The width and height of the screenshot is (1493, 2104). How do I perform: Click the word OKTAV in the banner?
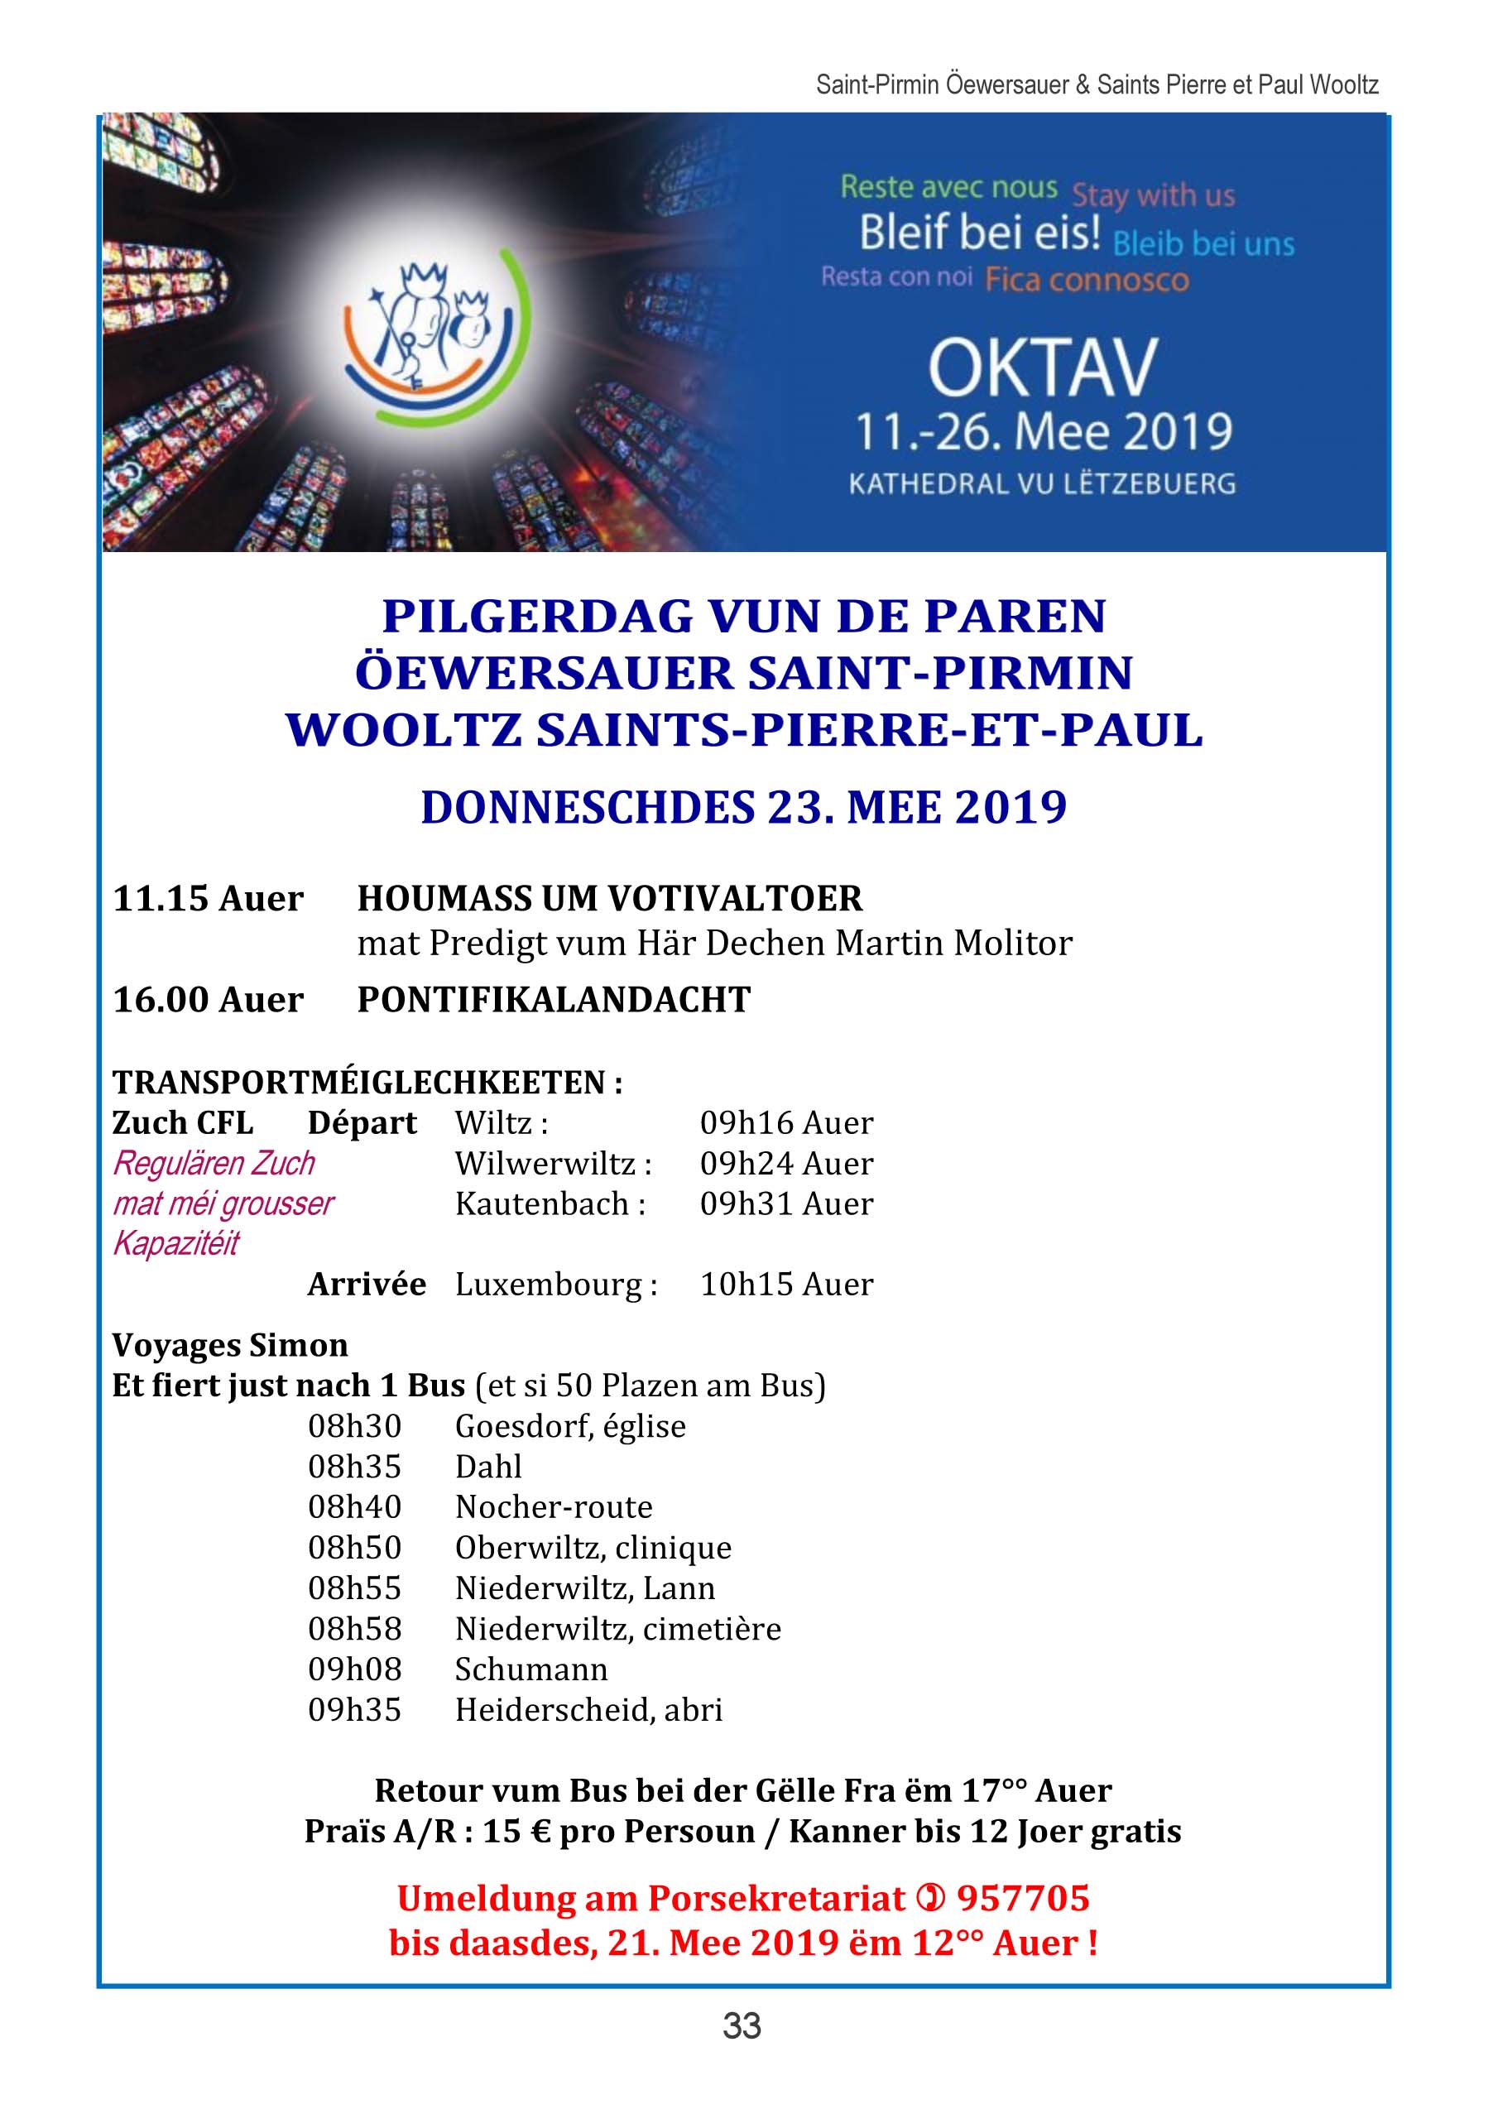tap(1043, 367)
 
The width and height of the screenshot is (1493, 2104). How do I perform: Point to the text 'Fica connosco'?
tap(1087, 280)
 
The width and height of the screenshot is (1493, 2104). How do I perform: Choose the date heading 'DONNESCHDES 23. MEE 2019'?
tap(744, 807)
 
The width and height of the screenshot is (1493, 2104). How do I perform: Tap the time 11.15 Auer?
tap(208, 898)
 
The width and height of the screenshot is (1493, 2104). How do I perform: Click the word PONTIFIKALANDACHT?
tap(554, 999)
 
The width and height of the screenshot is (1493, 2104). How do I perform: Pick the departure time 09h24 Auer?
tap(786, 1163)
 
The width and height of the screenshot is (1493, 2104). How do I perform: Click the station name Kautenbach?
tap(542, 1203)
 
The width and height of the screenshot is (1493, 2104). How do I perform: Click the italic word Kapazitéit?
tap(175, 1244)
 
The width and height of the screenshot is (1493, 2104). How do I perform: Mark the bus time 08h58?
tap(355, 1629)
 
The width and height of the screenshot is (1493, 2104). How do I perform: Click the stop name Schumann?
tap(531, 1669)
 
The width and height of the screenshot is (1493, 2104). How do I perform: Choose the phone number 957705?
tap(1022, 1897)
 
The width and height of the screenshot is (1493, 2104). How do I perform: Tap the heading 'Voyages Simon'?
tap(230, 1346)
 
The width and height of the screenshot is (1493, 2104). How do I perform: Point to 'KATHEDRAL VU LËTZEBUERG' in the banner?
tap(1042, 483)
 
